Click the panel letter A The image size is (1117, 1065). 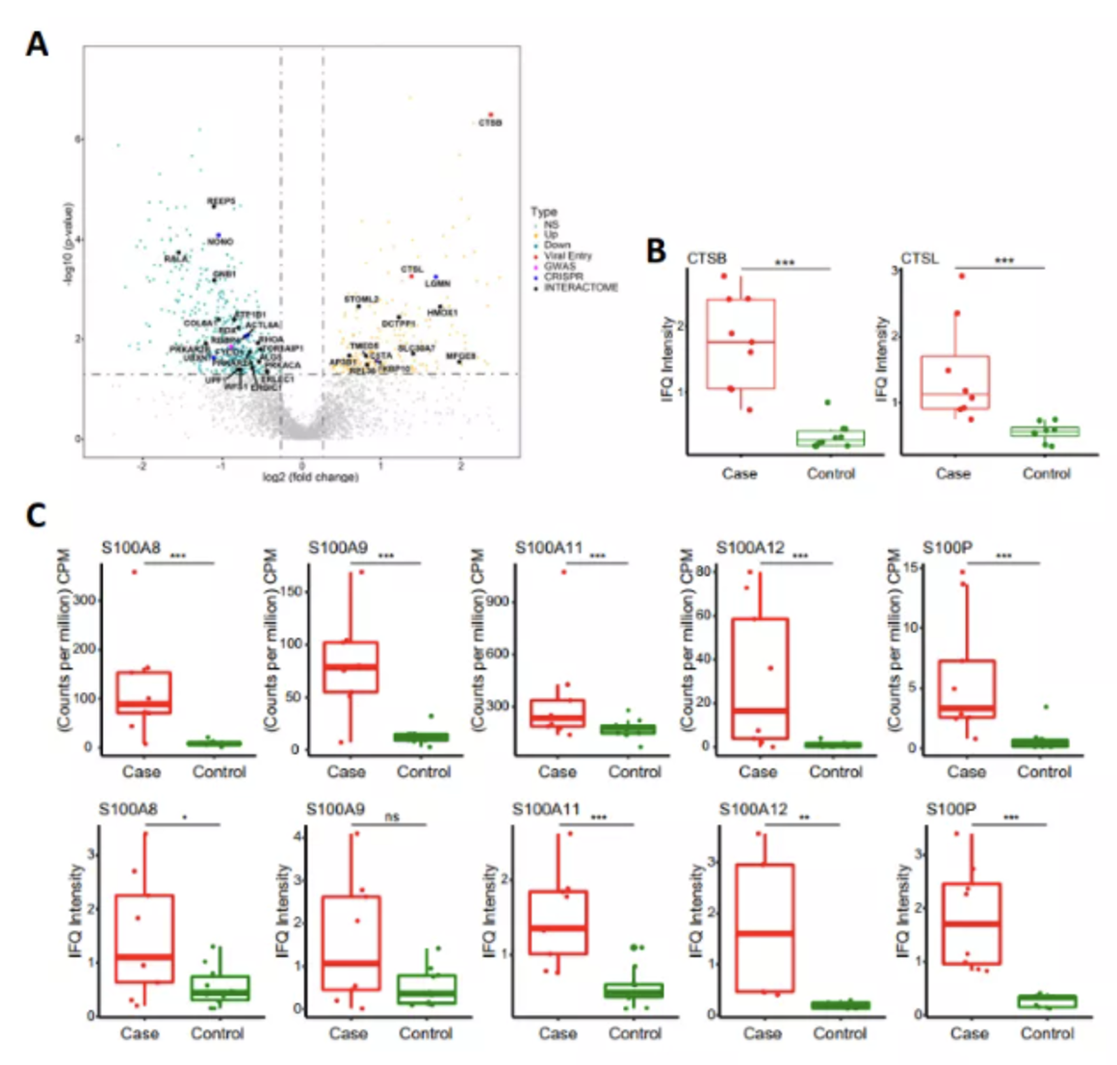[37, 43]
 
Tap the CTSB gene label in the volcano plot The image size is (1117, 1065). [490, 123]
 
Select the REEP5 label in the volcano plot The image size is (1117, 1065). [221, 201]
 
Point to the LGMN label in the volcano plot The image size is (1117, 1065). [437, 284]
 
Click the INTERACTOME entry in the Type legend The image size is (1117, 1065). [581, 288]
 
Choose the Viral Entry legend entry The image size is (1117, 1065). [567, 256]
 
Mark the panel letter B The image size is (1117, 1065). [656, 250]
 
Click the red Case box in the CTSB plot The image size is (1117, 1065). [740, 344]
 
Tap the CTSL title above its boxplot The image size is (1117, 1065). [920, 258]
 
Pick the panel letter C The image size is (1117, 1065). [36, 514]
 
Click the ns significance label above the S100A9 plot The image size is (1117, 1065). [392, 817]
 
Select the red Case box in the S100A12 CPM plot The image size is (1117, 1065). [760, 678]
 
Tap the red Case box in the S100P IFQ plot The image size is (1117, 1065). [972, 923]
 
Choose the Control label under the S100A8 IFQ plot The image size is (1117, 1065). [218, 1033]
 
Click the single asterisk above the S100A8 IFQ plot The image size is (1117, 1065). [184, 819]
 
